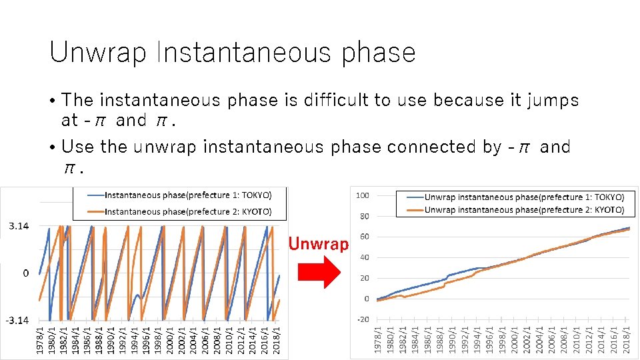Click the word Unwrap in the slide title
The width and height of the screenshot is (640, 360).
(x=97, y=53)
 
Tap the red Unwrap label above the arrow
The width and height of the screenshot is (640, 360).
(x=318, y=244)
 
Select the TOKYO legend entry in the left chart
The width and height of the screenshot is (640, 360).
(x=188, y=195)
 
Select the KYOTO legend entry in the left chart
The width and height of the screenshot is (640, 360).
(x=188, y=211)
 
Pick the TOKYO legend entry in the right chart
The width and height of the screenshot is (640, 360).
(x=524, y=197)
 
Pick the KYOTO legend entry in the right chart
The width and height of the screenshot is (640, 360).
(x=524, y=209)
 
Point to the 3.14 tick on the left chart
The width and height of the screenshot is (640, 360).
(x=18, y=227)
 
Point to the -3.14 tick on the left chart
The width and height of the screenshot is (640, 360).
(x=17, y=321)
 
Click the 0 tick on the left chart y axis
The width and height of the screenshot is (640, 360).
(x=25, y=273)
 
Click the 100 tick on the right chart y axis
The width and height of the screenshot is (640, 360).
(x=363, y=195)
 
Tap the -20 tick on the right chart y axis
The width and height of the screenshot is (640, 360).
(x=363, y=319)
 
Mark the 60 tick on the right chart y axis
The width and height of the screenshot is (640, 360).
(x=364, y=237)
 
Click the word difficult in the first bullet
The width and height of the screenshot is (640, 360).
(x=337, y=100)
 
